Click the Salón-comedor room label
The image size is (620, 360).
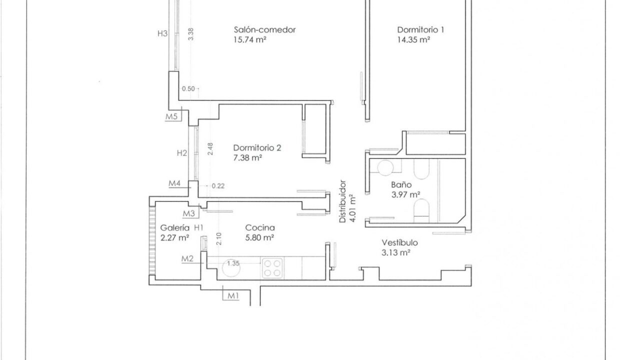point(264,29)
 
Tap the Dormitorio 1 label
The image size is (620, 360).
point(420,29)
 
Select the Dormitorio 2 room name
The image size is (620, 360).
point(257,148)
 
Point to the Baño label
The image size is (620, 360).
point(401,184)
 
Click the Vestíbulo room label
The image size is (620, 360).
point(399,242)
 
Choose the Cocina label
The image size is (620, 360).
point(260,227)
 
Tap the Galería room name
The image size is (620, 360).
point(175,227)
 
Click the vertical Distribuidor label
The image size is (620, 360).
point(342,201)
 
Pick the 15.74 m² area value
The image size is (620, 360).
point(250,39)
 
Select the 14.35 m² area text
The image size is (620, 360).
point(413,39)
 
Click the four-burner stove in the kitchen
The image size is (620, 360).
point(272,268)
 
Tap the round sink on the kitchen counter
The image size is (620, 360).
point(231,267)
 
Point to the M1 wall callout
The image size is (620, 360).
point(233,296)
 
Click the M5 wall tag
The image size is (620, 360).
point(171,116)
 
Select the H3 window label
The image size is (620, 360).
point(162,33)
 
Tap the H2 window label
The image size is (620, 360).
point(182,153)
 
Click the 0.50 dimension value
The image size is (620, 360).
point(188,89)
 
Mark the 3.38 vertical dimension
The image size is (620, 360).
point(190,34)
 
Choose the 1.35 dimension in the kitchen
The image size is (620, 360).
point(233,263)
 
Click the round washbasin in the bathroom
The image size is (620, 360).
point(385,167)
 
